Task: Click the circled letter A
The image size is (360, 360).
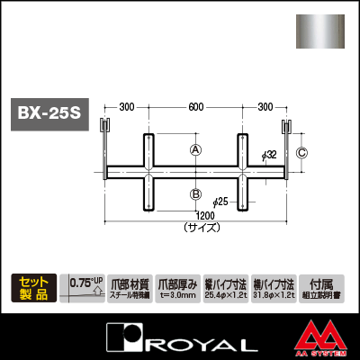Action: (x=194, y=150)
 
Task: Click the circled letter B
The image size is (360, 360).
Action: (x=194, y=193)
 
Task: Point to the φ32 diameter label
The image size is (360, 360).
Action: (x=269, y=156)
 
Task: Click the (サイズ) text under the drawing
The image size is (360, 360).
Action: (x=194, y=229)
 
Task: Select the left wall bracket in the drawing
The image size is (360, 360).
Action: (x=103, y=144)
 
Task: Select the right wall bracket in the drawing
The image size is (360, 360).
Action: (x=288, y=144)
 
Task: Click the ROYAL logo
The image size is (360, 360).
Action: (x=179, y=339)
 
